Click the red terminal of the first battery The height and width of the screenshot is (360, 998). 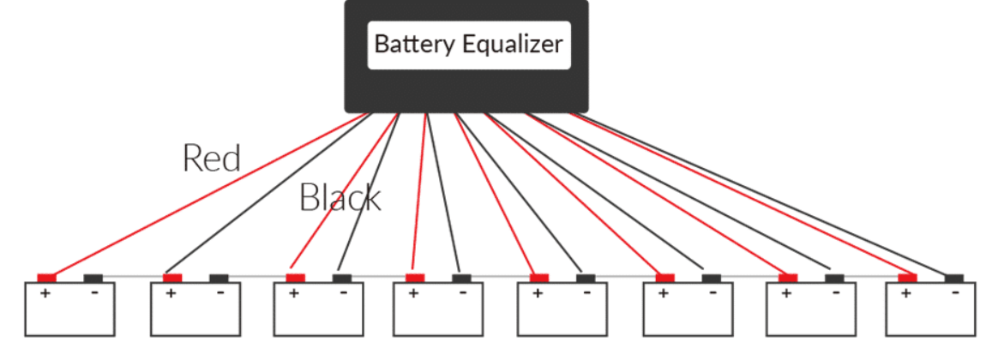click(x=46, y=278)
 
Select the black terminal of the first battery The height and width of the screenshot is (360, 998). click(x=93, y=278)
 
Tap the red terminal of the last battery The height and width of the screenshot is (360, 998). click(x=907, y=278)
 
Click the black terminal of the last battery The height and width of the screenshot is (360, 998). click(x=953, y=278)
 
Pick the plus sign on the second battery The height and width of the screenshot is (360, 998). click(x=171, y=293)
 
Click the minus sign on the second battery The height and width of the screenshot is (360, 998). click(x=220, y=292)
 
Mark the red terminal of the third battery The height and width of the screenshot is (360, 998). click(x=295, y=278)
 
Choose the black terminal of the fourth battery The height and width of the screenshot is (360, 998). click(x=461, y=278)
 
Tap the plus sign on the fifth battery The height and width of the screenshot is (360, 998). click(x=538, y=293)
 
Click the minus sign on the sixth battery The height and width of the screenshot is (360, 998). click(x=712, y=292)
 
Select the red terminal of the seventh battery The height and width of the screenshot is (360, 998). click(x=788, y=278)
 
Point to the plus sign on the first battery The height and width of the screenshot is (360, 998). click(x=45, y=293)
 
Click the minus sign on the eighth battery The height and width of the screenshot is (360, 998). click(x=955, y=292)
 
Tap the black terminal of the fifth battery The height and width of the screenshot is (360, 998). click(x=586, y=278)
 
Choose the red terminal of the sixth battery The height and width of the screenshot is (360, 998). click(x=665, y=278)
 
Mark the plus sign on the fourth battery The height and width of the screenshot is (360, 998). click(x=413, y=293)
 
